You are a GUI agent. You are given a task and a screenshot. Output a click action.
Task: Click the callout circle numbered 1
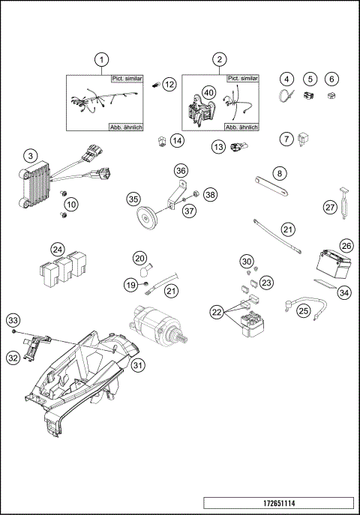[104, 58]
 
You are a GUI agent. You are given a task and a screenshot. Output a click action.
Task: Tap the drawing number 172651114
[278, 502]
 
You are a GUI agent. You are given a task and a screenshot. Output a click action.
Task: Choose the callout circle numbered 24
[58, 249]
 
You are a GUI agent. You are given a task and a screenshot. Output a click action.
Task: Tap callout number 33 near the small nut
[13, 321]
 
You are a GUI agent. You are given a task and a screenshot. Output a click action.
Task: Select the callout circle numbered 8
[280, 174]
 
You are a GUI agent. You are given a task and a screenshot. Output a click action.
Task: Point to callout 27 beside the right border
[328, 207]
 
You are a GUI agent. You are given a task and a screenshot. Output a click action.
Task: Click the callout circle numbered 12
[169, 85]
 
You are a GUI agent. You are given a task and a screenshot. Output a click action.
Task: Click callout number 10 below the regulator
[70, 204]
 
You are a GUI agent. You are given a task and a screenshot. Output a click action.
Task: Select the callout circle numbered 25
[304, 308]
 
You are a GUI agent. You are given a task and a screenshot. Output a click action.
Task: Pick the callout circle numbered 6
[331, 79]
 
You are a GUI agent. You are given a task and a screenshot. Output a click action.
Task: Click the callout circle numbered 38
[210, 194]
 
